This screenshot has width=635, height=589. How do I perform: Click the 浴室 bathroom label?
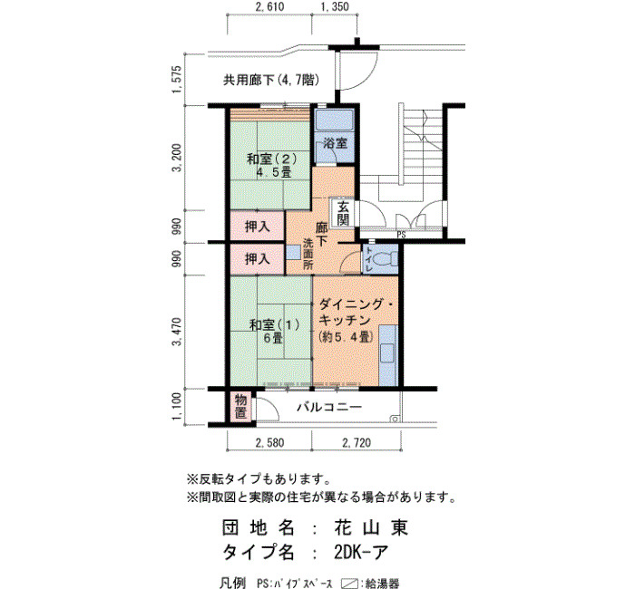coord(335,143)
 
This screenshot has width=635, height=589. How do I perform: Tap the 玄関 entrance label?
coord(343,214)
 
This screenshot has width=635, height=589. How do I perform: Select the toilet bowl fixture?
coord(385,259)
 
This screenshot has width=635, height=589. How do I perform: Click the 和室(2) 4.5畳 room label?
coord(272,165)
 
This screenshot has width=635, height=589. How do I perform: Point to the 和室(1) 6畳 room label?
coord(274,331)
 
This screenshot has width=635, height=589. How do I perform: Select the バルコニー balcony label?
coord(329,407)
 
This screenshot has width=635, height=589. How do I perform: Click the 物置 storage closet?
coord(240,407)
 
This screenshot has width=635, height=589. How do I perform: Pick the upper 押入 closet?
coord(257,227)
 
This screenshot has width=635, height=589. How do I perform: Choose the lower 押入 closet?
coord(257,259)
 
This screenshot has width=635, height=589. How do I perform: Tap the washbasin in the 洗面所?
coord(293,253)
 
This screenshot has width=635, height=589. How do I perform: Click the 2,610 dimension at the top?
coord(269,7)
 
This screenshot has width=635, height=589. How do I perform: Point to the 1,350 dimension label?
coord(335,7)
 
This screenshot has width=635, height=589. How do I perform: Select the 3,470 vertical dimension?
coord(178,332)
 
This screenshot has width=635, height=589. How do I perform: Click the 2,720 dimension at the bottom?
coord(357,443)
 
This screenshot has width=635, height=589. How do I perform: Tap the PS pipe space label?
coord(401,235)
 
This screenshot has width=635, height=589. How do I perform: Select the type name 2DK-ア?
coord(361,552)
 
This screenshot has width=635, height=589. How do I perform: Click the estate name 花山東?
coord(371,527)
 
